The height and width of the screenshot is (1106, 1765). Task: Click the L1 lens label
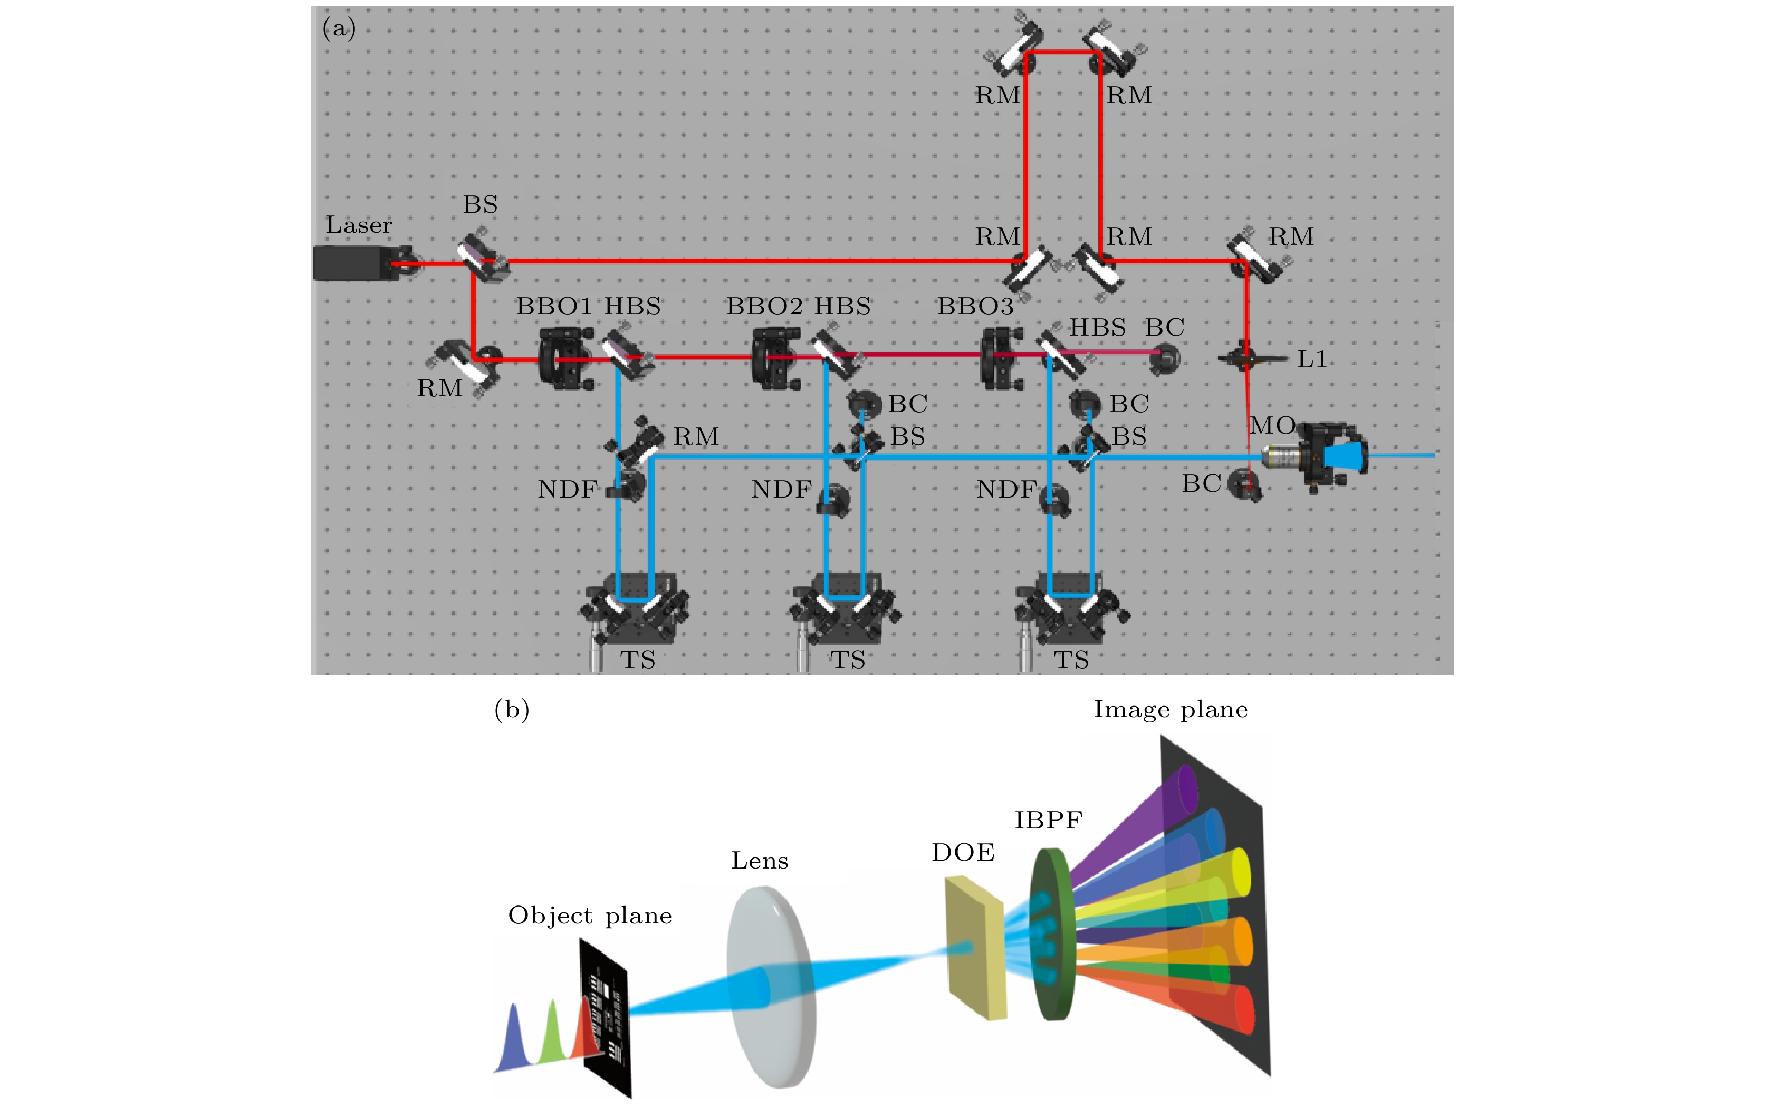[1312, 359]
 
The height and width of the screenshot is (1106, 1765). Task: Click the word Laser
[358, 225]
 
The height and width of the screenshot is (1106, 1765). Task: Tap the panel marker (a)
[339, 28]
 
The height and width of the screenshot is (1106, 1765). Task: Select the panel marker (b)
[512, 710]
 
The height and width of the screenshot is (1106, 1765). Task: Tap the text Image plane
[1171, 710]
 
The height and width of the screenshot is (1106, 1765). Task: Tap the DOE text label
[963, 852]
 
